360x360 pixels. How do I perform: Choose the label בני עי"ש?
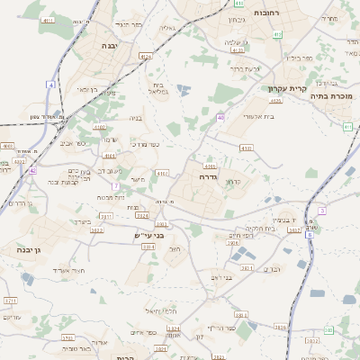pyautogui.click(x=142, y=236)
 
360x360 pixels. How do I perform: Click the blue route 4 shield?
pyautogui.click(x=52, y=85)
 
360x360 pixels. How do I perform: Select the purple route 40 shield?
pyautogui.click(x=220, y=117)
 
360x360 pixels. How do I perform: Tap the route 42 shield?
pyautogui.click(x=32, y=169)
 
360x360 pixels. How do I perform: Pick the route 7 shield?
pyautogui.click(x=116, y=185)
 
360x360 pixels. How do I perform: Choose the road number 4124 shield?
pyautogui.click(x=145, y=56)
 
